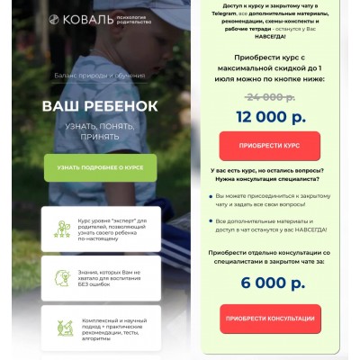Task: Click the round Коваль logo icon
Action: [54, 19]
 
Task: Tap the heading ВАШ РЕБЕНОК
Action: [100, 106]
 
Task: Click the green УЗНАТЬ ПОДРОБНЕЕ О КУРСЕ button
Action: [100, 167]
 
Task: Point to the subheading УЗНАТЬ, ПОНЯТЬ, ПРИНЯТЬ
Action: [100, 133]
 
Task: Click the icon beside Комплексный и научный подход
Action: [64, 329]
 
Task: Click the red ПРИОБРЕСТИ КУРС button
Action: [270, 145]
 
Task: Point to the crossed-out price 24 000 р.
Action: [270, 96]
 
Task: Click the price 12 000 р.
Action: [270, 116]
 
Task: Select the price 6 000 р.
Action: [270, 283]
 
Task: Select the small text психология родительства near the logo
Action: [132, 19]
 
